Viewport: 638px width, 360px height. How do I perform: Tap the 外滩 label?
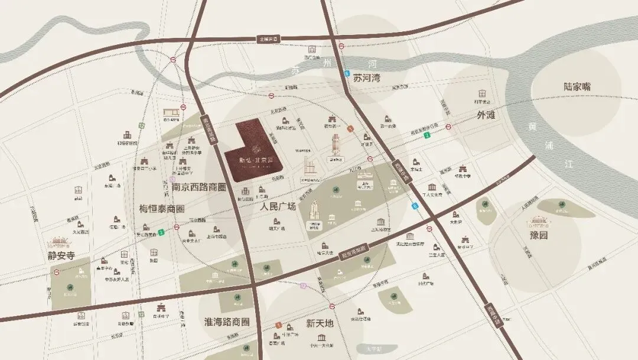point(486,115)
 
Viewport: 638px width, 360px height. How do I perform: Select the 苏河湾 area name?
point(366,78)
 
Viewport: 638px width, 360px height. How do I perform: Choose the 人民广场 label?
point(278,206)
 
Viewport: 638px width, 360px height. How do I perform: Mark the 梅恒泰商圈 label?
point(162,209)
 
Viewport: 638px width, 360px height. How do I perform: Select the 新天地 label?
point(320,323)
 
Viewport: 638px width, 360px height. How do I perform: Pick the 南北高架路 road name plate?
point(207,127)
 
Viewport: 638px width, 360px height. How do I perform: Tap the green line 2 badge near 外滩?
point(426,135)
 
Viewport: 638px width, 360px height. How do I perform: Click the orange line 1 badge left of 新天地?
point(278,325)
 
